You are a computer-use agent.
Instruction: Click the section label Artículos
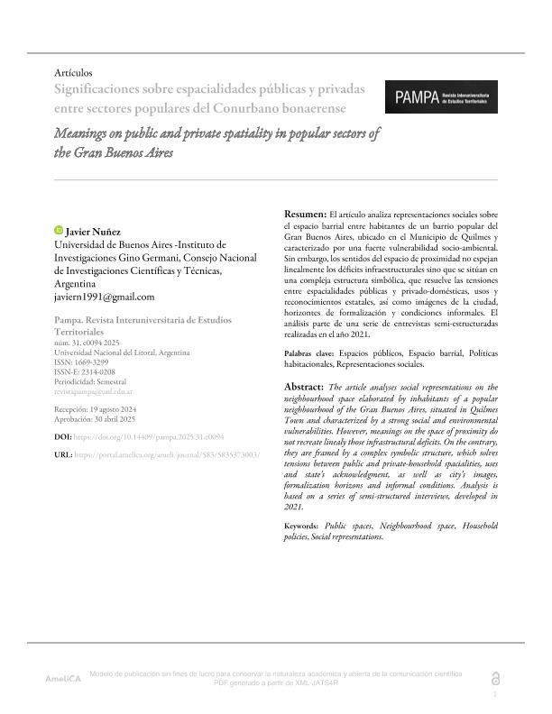pos(74,72)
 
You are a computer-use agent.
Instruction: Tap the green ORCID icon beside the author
pos(59,231)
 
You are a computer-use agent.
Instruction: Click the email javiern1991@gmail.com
pos(105,297)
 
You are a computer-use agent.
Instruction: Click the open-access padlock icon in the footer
pos(493,678)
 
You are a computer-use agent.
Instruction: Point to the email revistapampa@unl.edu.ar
pos(94,391)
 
